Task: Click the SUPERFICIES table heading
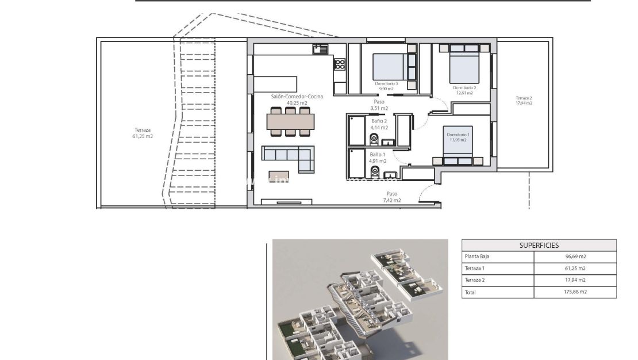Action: coord(539,245)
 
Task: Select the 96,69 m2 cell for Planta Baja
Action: coord(575,256)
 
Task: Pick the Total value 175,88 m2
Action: coord(575,292)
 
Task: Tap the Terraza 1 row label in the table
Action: coord(475,268)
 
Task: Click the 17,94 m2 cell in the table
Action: coord(575,280)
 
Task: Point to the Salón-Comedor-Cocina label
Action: coord(297,97)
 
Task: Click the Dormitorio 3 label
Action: coord(386,83)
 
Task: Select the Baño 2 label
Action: coord(379,121)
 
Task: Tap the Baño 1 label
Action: coord(377,155)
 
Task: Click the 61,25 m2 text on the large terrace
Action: coord(143,136)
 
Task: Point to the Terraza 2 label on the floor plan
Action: coord(524,98)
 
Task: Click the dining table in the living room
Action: coord(291,122)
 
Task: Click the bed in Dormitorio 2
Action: coord(463,64)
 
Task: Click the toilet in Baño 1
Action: coord(373,171)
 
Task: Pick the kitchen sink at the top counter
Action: coord(320,49)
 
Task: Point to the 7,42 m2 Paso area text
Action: coord(392,200)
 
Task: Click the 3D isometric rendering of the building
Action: coord(360,299)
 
